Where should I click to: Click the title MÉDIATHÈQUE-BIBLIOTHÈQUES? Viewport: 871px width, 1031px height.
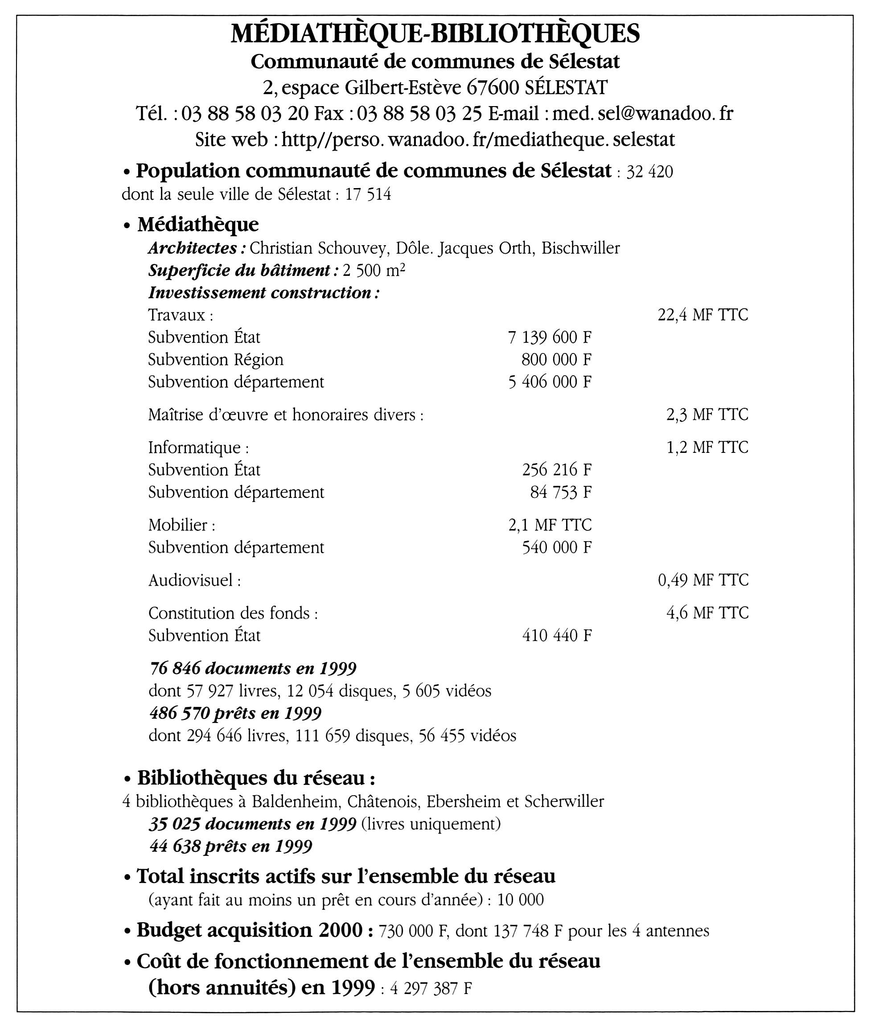pyautogui.click(x=435, y=33)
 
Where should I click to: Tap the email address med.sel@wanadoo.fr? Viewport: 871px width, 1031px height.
pyautogui.click(x=642, y=114)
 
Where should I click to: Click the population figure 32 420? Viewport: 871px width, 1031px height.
pyautogui.click(x=649, y=172)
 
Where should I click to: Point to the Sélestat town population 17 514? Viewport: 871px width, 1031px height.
pyautogui.click(x=368, y=194)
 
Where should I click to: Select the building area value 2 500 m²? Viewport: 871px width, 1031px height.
pyautogui.click(x=374, y=271)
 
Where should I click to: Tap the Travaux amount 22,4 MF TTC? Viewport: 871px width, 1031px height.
pyautogui.click(x=703, y=315)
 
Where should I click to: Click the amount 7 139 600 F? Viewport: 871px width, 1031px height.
pyautogui.click(x=550, y=337)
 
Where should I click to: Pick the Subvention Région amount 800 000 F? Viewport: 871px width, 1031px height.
pyautogui.click(x=556, y=359)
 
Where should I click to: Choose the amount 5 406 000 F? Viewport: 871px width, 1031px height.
pyautogui.click(x=550, y=382)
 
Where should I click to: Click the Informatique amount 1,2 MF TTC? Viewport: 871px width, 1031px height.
pyautogui.click(x=707, y=448)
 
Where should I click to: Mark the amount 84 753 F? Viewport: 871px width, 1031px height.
pyautogui.click(x=560, y=492)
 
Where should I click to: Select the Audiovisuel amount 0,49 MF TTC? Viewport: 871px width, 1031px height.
pyautogui.click(x=703, y=580)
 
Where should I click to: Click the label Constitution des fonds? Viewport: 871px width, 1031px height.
pyautogui.click(x=230, y=613)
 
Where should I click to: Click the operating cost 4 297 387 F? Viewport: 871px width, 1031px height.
pyautogui.click(x=431, y=989)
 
